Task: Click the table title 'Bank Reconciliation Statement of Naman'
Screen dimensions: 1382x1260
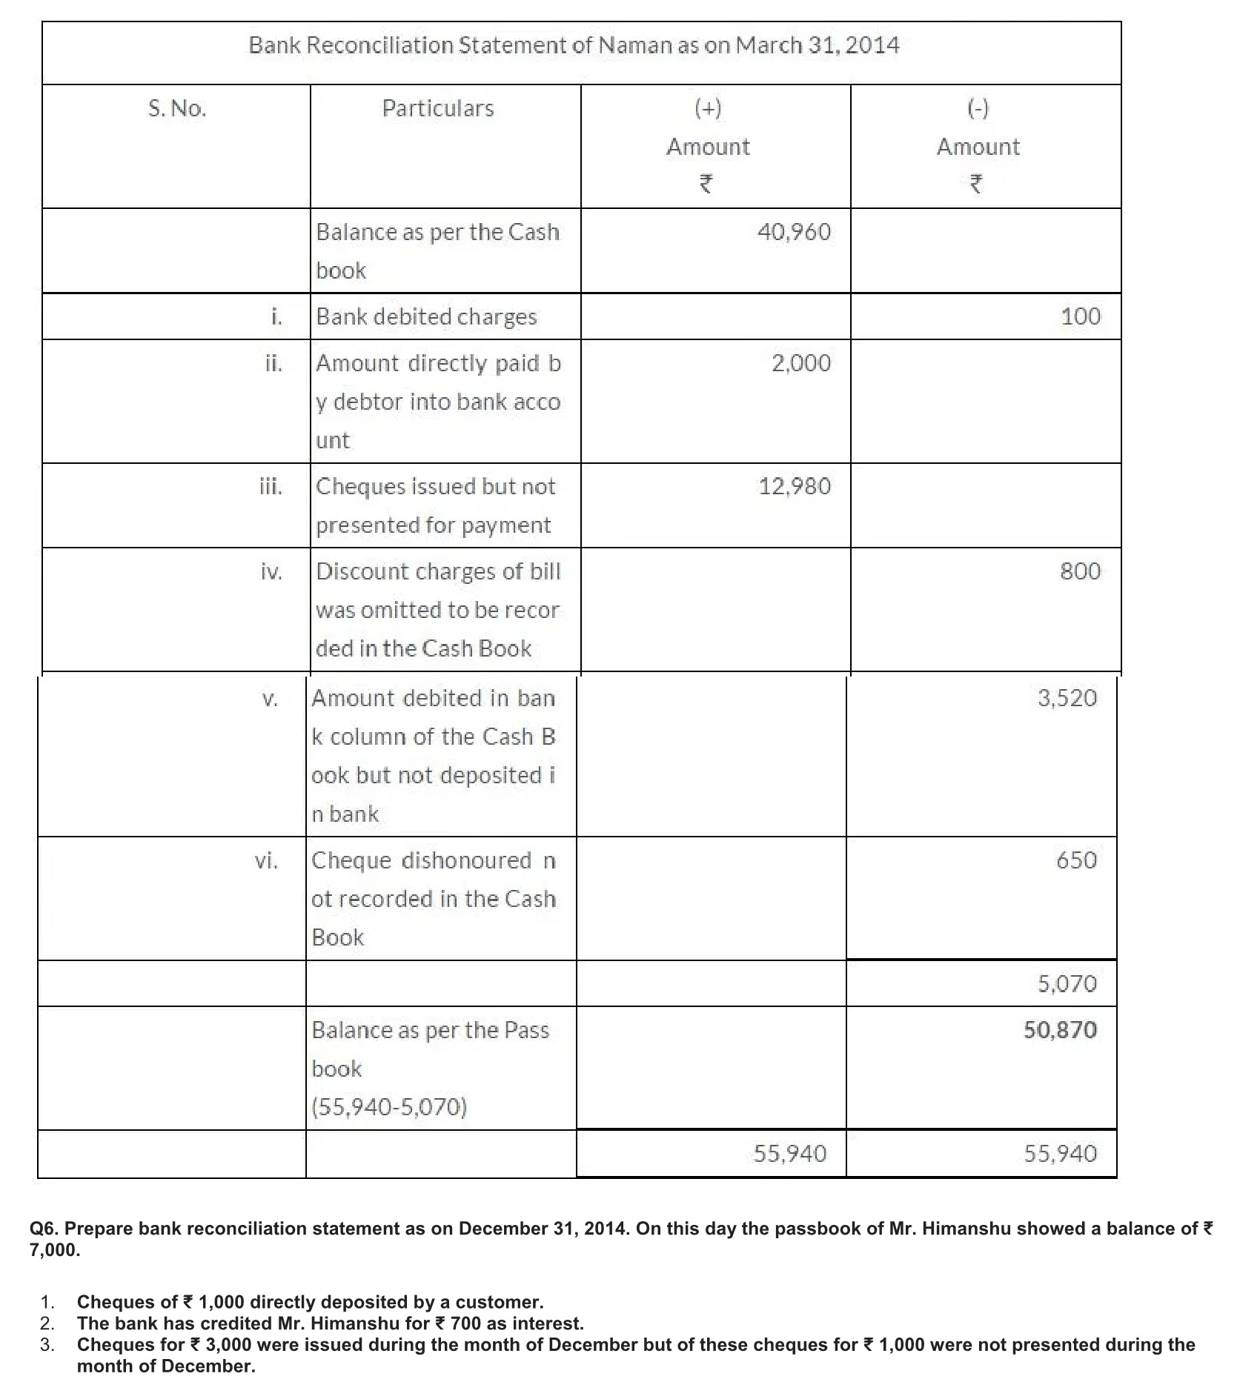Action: (574, 46)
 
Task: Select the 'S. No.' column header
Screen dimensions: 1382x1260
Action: (177, 109)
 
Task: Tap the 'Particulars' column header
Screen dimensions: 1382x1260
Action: (437, 109)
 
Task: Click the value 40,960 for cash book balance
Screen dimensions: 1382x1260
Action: (794, 233)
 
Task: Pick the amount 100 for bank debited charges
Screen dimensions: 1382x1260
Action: (1081, 317)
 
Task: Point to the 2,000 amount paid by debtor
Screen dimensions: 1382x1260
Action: (801, 363)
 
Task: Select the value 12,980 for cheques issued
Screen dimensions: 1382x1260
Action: (795, 487)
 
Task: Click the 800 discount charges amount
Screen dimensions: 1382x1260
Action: (1080, 571)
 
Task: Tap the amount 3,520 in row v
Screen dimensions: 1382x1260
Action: (1067, 698)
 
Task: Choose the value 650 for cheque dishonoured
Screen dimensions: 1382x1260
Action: (1076, 860)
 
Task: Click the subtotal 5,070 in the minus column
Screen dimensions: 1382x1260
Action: (1067, 984)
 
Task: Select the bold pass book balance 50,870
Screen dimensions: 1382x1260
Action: (1060, 1030)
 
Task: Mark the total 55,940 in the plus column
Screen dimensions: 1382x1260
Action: (789, 1154)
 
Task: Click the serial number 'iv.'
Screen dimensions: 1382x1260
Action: (272, 572)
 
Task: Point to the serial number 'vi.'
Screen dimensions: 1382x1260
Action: (267, 861)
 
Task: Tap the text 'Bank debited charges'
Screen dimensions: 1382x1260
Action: (426, 317)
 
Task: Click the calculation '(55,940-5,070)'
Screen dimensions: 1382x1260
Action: (389, 1107)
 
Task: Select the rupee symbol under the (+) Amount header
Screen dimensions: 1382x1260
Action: (707, 183)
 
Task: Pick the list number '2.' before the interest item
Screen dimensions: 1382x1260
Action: (47, 1323)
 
